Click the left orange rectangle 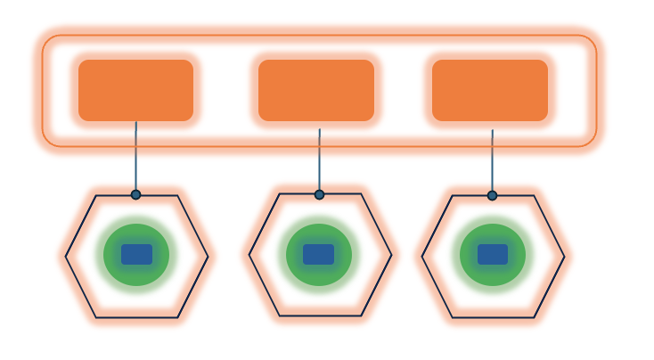(x=135, y=90)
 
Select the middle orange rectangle (x=316, y=90)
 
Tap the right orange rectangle (x=490, y=90)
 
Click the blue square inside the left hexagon (x=136, y=254)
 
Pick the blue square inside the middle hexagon (x=318, y=254)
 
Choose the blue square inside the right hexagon (x=492, y=254)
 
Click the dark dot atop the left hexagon (x=135, y=194)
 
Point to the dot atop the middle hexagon (x=319, y=194)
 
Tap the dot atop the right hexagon (x=492, y=195)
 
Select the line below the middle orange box (x=319, y=160)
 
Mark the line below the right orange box (x=492, y=161)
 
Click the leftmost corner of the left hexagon (x=66, y=257)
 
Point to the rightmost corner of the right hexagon (x=564, y=257)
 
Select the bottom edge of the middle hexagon (x=321, y=315)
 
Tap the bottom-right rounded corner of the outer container (x=590, y=140)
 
